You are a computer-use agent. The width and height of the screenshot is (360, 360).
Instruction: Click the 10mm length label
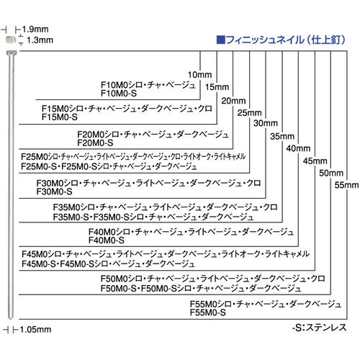tap(199, 75)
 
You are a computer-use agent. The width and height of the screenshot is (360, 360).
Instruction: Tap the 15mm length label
tap(217, 87)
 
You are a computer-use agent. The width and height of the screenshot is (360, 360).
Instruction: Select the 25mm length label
tap(249, 112)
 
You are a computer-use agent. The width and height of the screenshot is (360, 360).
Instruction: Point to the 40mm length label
tap(298, 148)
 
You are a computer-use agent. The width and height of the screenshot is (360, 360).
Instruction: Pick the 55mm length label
tap(347, 185)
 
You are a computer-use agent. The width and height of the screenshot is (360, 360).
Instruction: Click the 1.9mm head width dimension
tap(35, 30)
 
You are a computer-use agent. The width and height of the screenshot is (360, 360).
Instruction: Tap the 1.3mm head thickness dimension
tap(40, 40)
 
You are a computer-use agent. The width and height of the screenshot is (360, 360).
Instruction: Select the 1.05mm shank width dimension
tap(35, 330)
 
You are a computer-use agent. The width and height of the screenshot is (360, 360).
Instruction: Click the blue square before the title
tap(220, 40)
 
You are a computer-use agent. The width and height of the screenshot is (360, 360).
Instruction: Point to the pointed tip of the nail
tap(10, 319)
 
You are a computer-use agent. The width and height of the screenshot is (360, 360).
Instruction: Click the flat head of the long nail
tap(12, 53)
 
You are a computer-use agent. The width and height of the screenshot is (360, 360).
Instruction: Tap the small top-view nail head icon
tap(11, 40)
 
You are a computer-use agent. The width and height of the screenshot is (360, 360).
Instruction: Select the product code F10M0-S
tap(119, 94)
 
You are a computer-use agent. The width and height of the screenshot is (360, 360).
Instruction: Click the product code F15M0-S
tap(60, 117)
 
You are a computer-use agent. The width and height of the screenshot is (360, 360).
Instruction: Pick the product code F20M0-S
tap(95, 143)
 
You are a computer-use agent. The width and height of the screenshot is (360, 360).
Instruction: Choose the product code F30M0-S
tap(54, 192)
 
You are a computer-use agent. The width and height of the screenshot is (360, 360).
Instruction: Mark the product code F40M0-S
tap(107, 240)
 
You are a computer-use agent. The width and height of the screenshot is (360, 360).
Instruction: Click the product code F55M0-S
tap(208, 312)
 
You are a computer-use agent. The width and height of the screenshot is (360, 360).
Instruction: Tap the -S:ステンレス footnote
tap(319, 328)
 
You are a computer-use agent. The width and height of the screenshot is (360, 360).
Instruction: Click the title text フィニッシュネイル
tap(265, 40)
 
